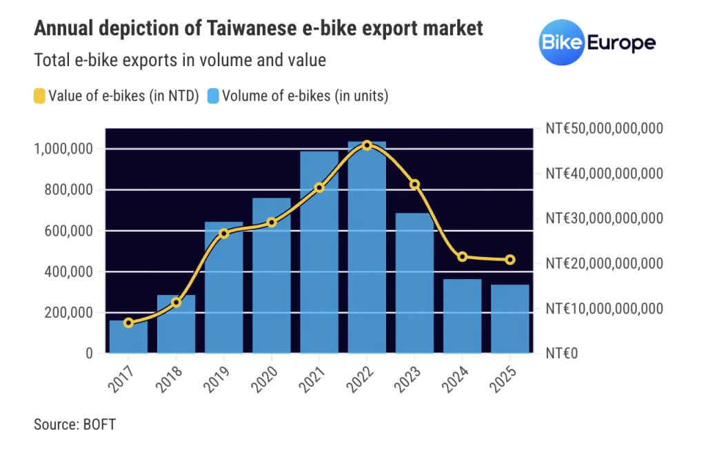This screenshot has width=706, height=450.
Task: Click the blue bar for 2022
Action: (367, 255)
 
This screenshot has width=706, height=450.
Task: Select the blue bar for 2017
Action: (128, 338)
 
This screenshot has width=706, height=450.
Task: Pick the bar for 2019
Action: (223, 289)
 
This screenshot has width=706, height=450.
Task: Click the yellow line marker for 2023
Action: (414, 184)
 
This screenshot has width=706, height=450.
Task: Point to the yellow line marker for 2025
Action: (510, 260)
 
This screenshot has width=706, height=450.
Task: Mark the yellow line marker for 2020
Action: (272, 222)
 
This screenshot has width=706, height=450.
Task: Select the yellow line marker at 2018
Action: (176, 303)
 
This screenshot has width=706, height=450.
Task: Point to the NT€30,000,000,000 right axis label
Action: (603, 218)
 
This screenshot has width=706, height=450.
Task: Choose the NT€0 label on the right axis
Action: (562, 353)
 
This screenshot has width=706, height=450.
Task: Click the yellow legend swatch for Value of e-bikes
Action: (39, 96)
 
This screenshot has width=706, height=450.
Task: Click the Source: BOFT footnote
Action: (74, 424)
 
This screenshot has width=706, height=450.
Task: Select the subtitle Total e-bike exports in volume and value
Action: (179, 60)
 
